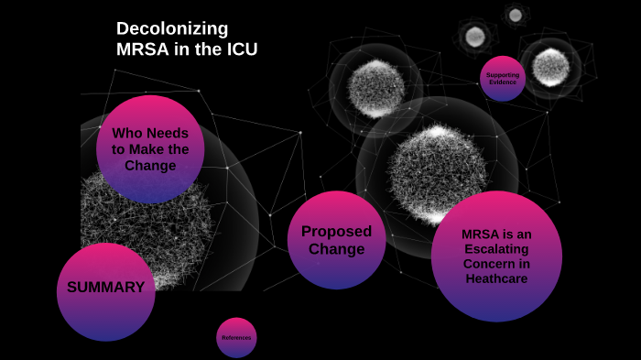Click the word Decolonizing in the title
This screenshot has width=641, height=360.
(172, 28)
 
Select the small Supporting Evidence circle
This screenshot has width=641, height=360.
(502, 78)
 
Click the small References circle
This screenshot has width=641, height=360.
(236, 338)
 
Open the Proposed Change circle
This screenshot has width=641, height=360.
(336, 240)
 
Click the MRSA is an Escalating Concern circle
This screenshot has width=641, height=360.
(495, 256)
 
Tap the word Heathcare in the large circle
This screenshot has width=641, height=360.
(495, 278)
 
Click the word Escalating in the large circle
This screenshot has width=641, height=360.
(495, 249)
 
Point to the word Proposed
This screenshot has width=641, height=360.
(336, 231)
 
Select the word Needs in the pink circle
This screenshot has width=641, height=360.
(167, 133)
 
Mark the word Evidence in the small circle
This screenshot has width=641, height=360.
(502, 82)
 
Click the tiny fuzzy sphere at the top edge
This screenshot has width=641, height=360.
(515, 14)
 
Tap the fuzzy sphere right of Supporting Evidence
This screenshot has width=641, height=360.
(550, 65)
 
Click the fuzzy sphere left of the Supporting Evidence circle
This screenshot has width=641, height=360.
(375, 86)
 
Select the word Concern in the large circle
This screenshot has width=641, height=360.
(495, 264)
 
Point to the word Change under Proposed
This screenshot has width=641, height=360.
(336, 249)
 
